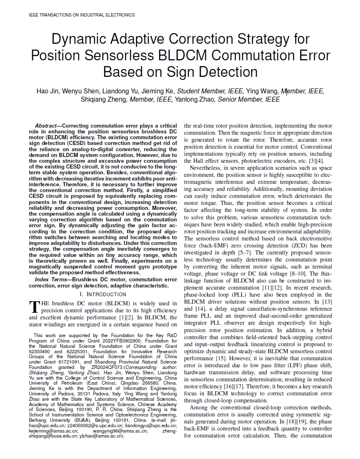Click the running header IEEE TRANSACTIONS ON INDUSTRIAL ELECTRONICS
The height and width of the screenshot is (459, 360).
82,15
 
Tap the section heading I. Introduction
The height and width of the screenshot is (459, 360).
103,294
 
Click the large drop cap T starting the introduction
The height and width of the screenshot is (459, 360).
34,307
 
